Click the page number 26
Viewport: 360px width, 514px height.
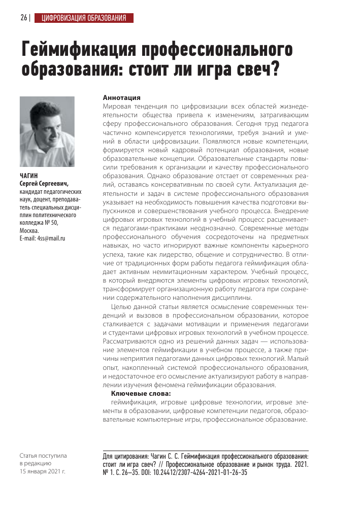coord(24,19)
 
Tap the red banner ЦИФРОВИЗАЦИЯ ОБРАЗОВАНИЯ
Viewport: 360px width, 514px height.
coord(84,19)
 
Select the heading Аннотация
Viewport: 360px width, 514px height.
coord(121,97)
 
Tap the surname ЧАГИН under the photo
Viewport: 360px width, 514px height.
coord(28,176)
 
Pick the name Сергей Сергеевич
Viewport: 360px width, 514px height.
coord(43,184)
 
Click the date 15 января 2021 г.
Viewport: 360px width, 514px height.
coord(42,471)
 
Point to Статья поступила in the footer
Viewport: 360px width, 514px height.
coord(43,455)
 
